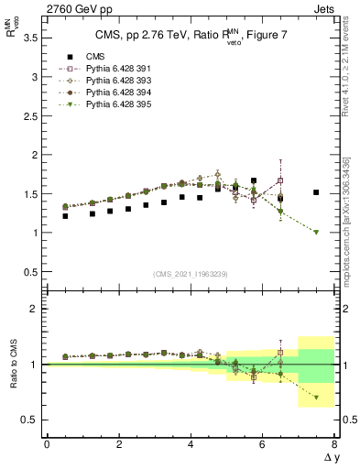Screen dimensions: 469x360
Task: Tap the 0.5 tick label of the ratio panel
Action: (x=29, y=420)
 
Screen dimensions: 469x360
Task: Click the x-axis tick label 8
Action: (x=333, y=444)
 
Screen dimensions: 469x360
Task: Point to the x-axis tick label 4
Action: (x=190, y=444)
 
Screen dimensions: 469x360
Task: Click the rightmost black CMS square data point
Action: (x=316, y=192)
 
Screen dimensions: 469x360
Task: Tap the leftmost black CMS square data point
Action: (x=65, y=216)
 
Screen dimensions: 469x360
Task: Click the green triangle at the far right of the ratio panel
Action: (x=316, y=398)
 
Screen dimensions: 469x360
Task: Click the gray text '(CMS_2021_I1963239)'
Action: (x=190, y=273)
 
